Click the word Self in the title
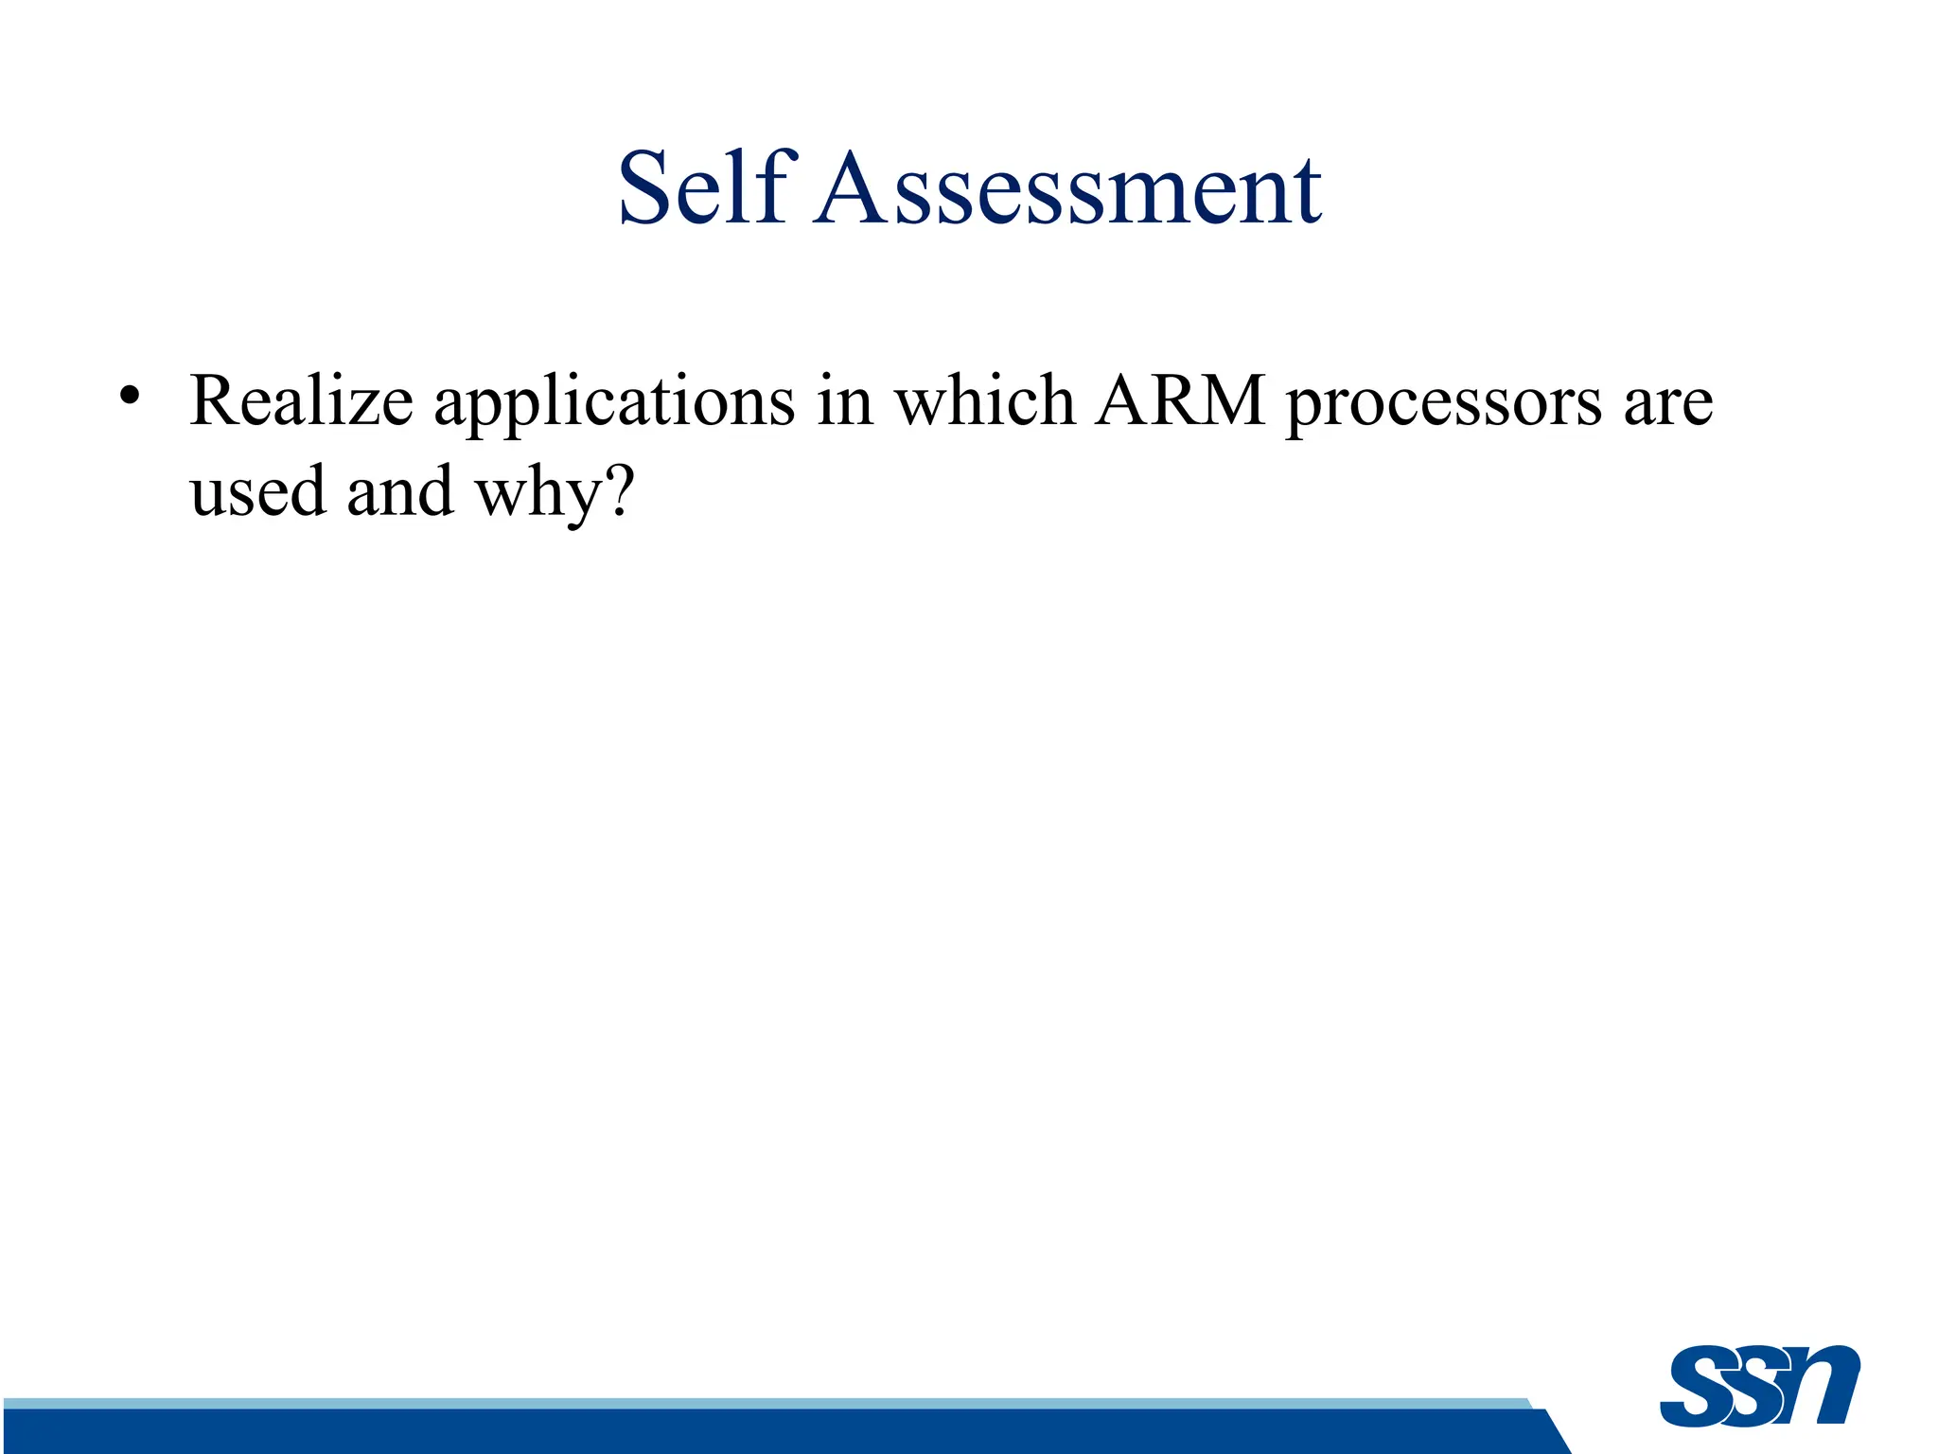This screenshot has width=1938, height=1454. click(x=702, y=188)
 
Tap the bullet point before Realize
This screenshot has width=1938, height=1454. click(x=130, y=395)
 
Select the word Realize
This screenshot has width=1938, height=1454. click(x=301, y=401)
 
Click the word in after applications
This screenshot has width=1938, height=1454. click(x=845, y=401)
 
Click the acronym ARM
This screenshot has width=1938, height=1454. click(x=1180, y=401)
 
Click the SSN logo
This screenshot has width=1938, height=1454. click(x=1759, y=1386)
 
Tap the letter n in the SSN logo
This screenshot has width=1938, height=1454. click(x=1822, y=1384)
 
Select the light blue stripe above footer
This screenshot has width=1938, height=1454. click(x=757, y=1403)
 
